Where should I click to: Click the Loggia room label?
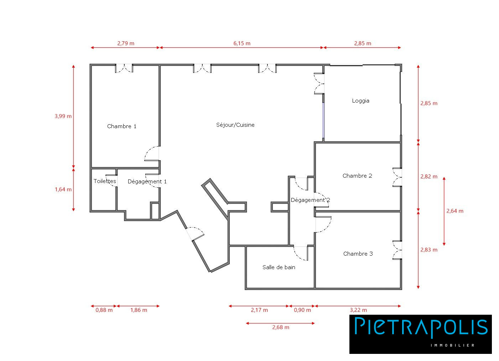coord(360,101)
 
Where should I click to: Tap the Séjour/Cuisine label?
coord(235,125)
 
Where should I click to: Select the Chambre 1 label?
coord(121,126)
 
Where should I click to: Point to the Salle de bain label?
coord(279,267)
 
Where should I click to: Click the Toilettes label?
coord(105,181)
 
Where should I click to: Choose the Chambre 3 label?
coord(358,253)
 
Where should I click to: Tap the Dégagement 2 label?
coord(310,200)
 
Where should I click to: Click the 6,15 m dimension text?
coord(242,43)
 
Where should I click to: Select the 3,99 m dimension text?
coord(63,116)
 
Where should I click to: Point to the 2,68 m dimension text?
coord(281,328)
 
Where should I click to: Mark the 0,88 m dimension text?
coord(104,310)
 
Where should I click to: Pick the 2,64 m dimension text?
coord(455,211)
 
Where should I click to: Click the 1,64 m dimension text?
coord(63,189)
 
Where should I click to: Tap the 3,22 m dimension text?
coord(358,310)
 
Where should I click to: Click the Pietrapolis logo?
coord(421,334)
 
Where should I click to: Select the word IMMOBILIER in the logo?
coord(452,345)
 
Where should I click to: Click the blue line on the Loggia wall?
coord(323,120)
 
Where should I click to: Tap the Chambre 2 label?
coord(357,176)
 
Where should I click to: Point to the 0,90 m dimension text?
coord(302,310)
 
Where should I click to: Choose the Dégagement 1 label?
coord(147,182)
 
